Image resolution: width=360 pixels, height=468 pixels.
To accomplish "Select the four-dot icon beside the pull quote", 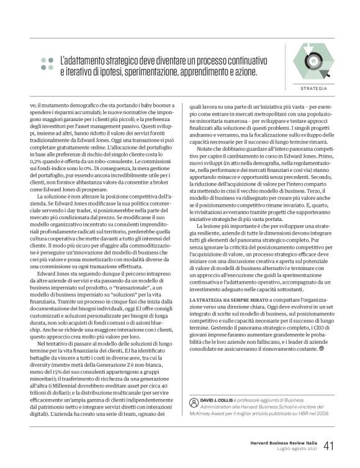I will click(47, 63).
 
